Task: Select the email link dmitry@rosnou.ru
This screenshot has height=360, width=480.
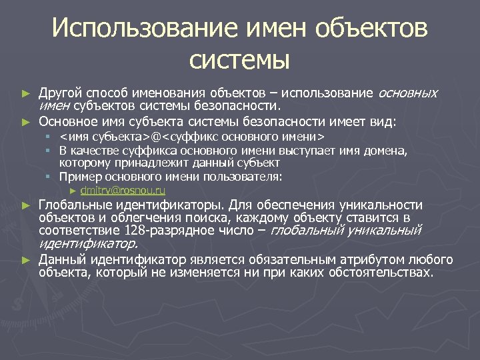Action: (x=127, y=191)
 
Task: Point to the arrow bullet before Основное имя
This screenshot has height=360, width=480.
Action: (x=26, y=122)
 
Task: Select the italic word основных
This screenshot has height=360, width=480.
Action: (x=408, y=93)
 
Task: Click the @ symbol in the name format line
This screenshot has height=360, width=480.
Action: (x=155, y=137)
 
